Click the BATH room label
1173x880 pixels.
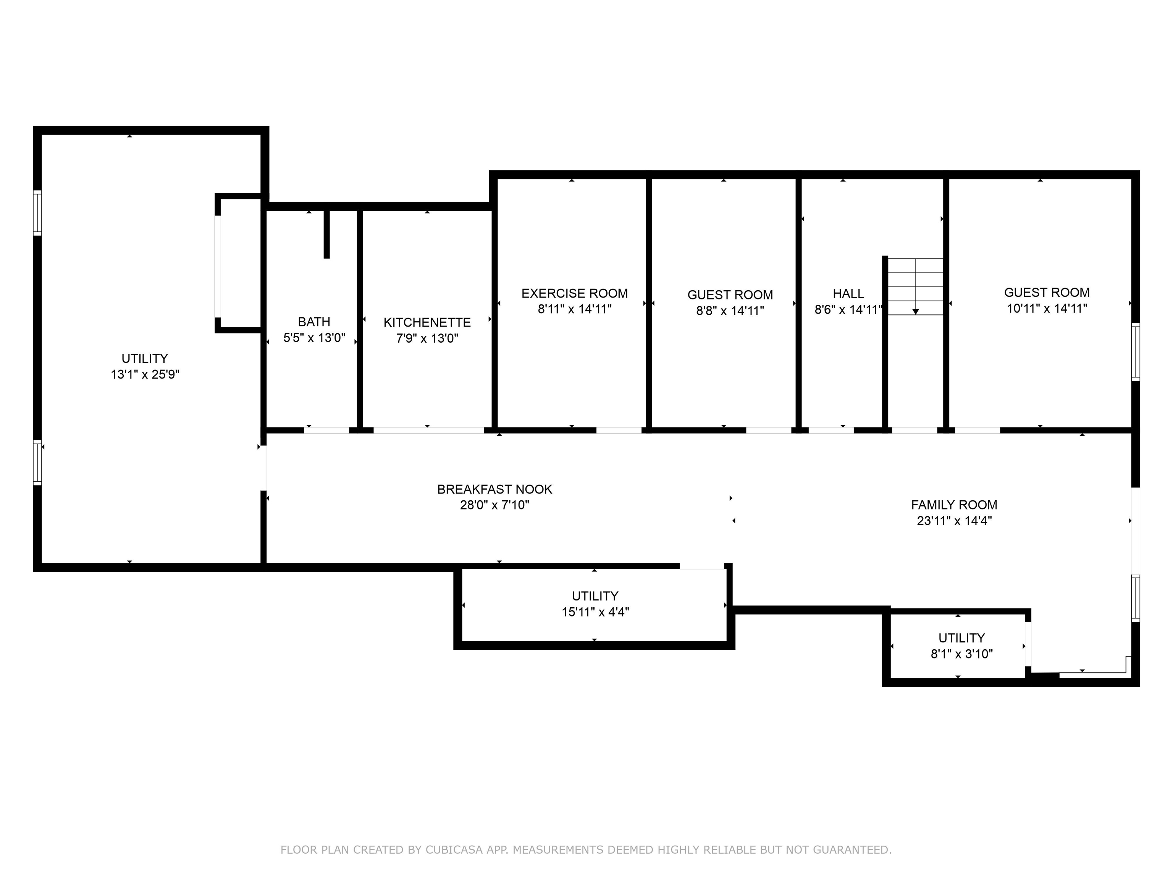314,322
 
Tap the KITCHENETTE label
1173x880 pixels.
427,322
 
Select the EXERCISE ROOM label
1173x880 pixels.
574,293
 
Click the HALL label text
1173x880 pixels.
848,293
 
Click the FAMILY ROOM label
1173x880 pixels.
954,505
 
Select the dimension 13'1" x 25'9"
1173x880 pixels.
145,374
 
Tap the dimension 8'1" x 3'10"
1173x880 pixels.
961,654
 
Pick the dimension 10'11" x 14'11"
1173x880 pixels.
1047,308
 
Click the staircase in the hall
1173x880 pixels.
916,286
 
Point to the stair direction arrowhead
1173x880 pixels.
916,311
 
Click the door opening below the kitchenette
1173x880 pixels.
428,430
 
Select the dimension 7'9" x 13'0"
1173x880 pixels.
427,338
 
